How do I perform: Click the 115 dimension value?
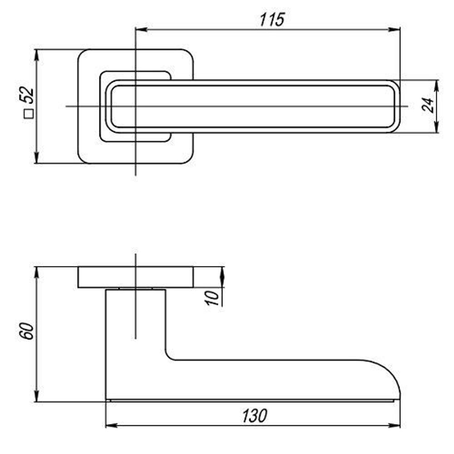click(272, 20)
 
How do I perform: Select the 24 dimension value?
click(428, 105)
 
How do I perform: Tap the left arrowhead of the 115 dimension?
click(140, 30)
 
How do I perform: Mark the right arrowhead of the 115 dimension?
click(396, 30)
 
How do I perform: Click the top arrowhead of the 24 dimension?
click(437, 84)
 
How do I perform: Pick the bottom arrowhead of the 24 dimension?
click(437, 129)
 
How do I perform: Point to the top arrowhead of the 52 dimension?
click(36, 53)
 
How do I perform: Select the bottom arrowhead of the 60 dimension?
click(36, 397)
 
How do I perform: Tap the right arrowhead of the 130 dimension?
click(396, 426)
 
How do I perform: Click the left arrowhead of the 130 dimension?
click(110, 426)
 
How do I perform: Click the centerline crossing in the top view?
click(135, 106)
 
